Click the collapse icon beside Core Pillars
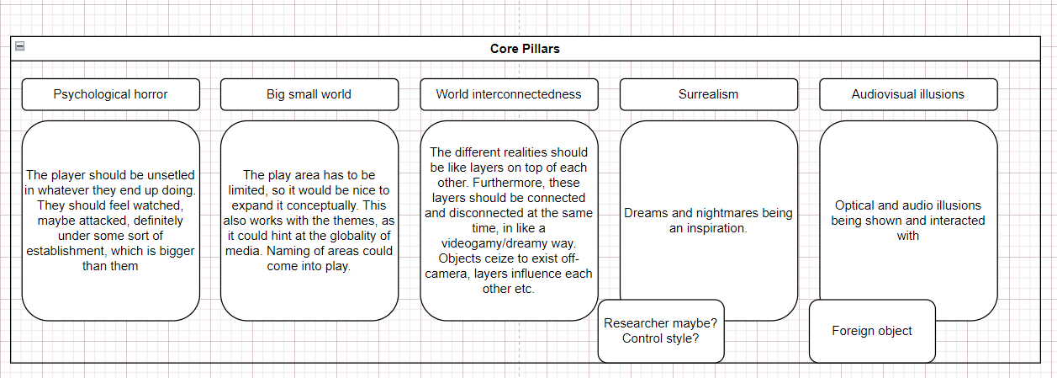[x=20, y=45]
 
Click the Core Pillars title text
[x=525, y=49]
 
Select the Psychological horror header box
[x=111, y=94]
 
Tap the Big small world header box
[x=309, y=94]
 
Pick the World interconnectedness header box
[x=509, y=94]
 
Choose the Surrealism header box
[x=709, y=94]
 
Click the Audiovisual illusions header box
[x=908, y=94]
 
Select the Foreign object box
[x=872, y=331]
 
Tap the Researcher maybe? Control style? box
[x=661, y=331]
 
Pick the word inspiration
[x=716, y=228]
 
